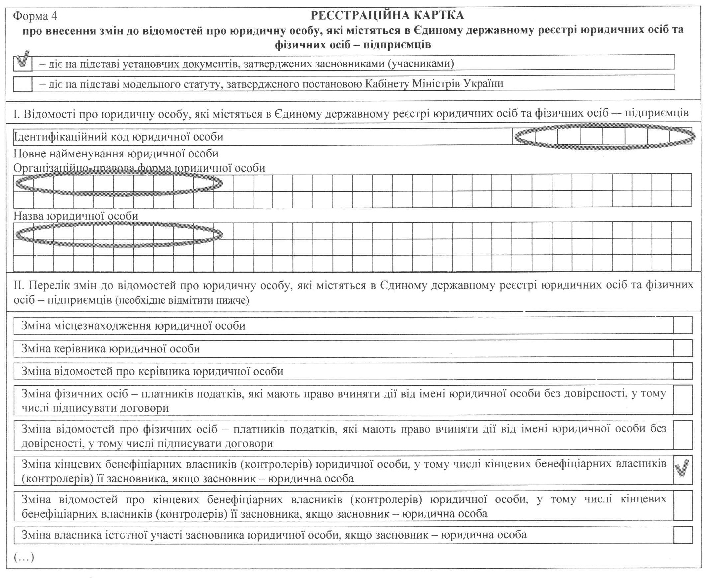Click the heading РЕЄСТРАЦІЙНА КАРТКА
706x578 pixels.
[387, 15]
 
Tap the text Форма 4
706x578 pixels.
[35, 16]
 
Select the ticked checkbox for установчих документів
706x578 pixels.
[23, 63]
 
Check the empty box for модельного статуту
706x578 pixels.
[23, 83]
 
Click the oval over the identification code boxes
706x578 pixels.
[604, 136]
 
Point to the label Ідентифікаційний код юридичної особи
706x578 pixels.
[119, 137]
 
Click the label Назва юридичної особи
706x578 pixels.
[76, 216]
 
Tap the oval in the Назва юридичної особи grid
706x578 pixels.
[119, 235]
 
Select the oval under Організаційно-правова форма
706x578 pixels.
[119, 183]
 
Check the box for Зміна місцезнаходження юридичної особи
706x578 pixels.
[682, 325]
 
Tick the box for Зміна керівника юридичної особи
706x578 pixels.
[682, 348]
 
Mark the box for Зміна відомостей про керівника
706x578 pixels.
[682, 371]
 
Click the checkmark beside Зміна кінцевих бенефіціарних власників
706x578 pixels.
[682, 469]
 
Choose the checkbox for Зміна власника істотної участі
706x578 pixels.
[682, 535]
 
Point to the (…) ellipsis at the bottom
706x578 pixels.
[24, 557]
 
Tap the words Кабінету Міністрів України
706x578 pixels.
[434, 83]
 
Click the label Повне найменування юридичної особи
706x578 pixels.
[116, 154]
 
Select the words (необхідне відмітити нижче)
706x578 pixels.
[182, 301]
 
